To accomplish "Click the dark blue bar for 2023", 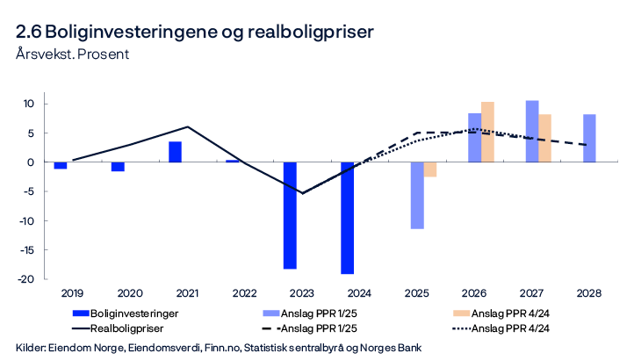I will pos(290,215).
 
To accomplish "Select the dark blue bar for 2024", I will pos(347,218).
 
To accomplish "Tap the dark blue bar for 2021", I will pos(176,152).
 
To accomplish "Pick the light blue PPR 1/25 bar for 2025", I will pos(417,195).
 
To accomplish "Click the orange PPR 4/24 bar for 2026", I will pos(487,132).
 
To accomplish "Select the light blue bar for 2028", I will pos(589,138).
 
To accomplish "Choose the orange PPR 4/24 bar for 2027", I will pos(545,138).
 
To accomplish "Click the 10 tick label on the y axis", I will pos(27,104).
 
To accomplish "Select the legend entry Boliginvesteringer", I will pos(129,312).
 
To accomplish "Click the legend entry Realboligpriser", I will pos(123,328).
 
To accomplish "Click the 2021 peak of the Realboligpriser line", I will pos(187,127).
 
